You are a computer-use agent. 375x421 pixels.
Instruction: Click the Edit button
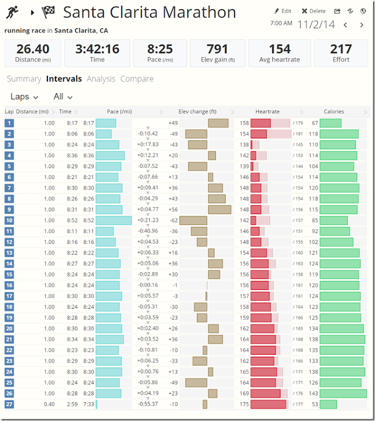click(x=283, y=11)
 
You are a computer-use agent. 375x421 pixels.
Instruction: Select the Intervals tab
click(x=64, y=79)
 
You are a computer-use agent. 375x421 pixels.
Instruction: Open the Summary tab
click(x=24, y=79)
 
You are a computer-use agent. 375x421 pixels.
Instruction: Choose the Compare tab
click(x=137, y=79)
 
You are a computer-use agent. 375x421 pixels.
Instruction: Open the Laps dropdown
click(x=25, y=97)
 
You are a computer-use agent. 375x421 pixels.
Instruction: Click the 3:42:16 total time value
click(x=97, y=49)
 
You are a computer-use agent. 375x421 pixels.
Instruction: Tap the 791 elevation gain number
click(x=217, y=49)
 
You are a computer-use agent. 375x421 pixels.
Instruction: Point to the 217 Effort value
click(x=341, y=49)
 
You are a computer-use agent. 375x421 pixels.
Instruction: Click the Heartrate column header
click(x=267, y=112)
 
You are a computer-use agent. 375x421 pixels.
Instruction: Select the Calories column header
click(x=334, y=112)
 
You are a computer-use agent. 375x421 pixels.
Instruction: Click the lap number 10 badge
click(x=9, y=220)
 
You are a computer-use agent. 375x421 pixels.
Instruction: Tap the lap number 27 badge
click(x=9, y=404)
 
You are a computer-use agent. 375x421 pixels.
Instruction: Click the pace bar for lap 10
click(x=114, y=220)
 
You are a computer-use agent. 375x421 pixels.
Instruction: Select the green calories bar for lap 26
click(x=343, y=393)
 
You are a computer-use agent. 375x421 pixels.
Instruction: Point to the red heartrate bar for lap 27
click(x=268, y=404)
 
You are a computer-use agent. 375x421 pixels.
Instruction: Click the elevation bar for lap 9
click(x=220, y=209)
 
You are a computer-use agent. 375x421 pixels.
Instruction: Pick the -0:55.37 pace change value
click(x=148, y=404)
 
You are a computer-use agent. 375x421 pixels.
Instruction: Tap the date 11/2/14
click(x=316, y=24)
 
